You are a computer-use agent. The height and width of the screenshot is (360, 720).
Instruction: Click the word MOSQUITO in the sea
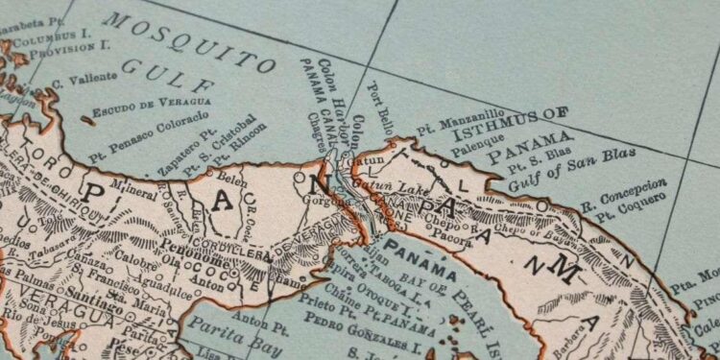click(190, 40)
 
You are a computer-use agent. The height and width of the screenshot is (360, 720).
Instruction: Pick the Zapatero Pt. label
click(196, 149)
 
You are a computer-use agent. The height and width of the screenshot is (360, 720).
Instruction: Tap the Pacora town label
click(450, 232)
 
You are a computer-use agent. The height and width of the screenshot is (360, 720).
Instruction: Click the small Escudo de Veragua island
click(89, 120)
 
